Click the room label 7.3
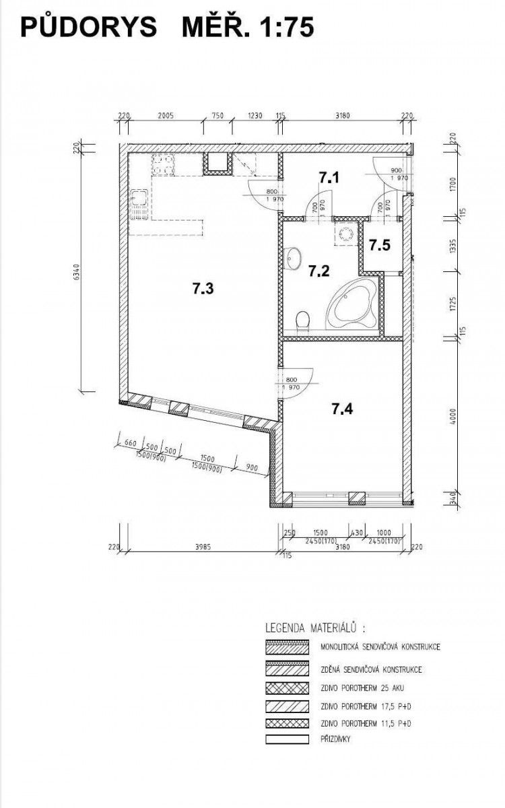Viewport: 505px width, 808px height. (203, 289)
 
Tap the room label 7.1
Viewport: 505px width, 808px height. (329, 178)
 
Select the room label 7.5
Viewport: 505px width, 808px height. (380, 245)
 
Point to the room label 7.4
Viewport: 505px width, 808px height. (342, 409)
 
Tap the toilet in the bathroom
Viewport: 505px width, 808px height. (302, 322)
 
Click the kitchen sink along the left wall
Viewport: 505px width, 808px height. (139, 205)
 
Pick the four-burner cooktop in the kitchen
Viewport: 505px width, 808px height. (163, 164)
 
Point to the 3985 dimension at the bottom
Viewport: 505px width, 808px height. (203, 547)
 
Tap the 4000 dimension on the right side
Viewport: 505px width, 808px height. (453, 416)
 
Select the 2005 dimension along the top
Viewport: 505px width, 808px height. (166, 116)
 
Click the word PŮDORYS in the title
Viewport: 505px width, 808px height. (89, 27)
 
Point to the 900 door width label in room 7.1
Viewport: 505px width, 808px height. (397, 170)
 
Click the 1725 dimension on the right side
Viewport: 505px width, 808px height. (453, 304)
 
